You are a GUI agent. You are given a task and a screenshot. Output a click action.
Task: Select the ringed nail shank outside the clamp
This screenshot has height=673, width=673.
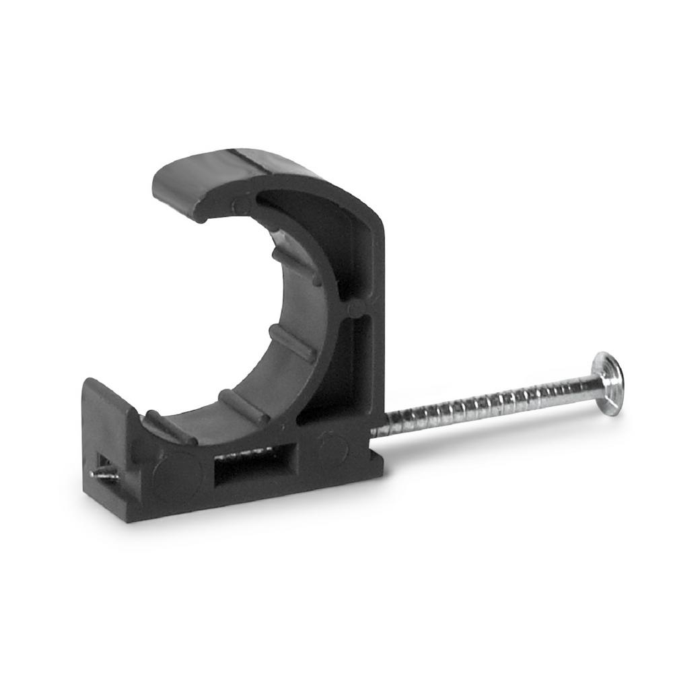coord(485,404)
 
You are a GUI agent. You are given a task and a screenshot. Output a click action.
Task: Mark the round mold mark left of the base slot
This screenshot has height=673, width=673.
coord(176,475)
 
